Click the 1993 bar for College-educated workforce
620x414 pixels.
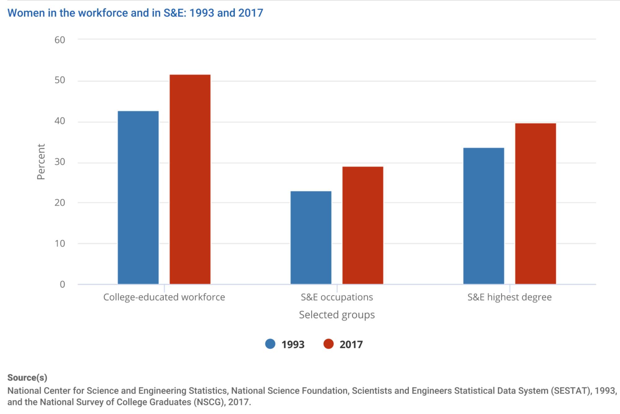pyautogui.click(x=138, y=197)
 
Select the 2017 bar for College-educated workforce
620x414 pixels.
pyautogui.click(x=190, y=179)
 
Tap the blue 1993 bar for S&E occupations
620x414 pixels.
pyautogui.click(x=311, y=237)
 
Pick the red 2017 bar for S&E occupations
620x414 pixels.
pyautogui.click(x=363, y=225)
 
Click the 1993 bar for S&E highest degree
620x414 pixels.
pyautogui.click(x=484, y=216)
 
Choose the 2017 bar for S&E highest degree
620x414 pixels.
pyautogui.click(x=535, y=204)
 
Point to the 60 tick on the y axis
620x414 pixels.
pyautogui.click(x=60, y=40)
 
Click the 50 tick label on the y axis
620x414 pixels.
pyautogui.click(x=60, y=80)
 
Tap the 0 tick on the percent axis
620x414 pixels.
pyautogui.click(x=62, y=284)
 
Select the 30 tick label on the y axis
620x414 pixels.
pyautogui.click(x=60, y=162)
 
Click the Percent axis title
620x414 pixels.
pyautogui.click(x=41, y=162)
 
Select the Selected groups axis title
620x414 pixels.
pyautogui.click(x=337, y=315)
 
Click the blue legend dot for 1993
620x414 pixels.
pyautogui.click(x=270, y=344)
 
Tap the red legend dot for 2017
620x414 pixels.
pyautogui.click(x=328, y=344)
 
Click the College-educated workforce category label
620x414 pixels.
pyautogui.click(x=164, y=297)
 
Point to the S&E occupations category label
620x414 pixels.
pyautogui.click(x=337, y=297)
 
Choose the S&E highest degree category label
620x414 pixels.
pyautogui.click(x=509, y=297)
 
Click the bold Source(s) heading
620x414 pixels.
pyautogui.click(x=27, y=378)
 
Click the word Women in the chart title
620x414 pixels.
pyautogui.click(x=26, y=13)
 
